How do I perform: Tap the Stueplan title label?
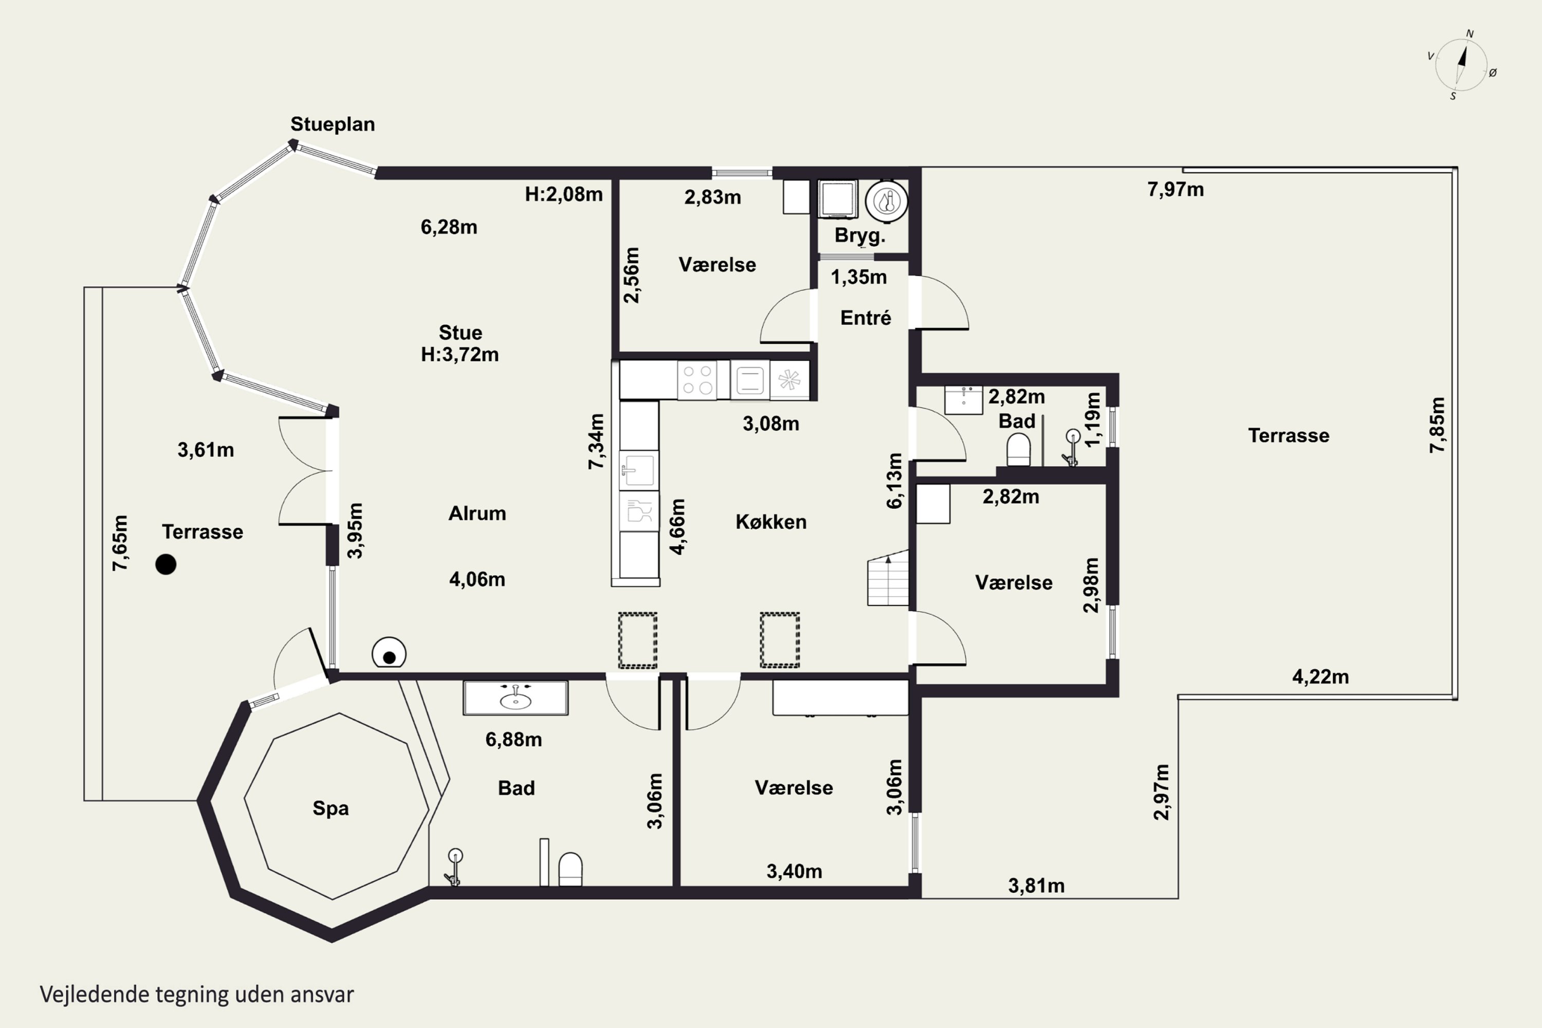pyautogui.click(x=333, y=124)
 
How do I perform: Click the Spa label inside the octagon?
pyautogui.click(x=331, y=809)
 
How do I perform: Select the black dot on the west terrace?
pyautogui.click(x=166, y=564)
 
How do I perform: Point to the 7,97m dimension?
pyautogui.click(x=1176, y=190)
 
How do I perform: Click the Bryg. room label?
pyautogui.click(x=859, y=235)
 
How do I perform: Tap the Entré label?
pyautogui.click(x=866, y=318)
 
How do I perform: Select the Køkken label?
pyautogui.click(x=771, y=522)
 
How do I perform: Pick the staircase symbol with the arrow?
pyautogui.click(x=888, y=578)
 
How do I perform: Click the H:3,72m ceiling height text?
pyautogui.click(x=460, y=355)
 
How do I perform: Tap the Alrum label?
pyautogui.click(x=478, y=513)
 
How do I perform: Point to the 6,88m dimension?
pyautogui.click(x=513, y=740)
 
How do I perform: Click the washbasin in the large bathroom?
pyautogui.click(x=516, y=698)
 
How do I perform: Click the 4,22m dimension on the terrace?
pyautogui.click(x=1320, y=676)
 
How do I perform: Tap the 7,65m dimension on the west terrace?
pyautogui.click(x=120, y=543)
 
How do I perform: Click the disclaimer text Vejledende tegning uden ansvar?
pyautogui.click(x=197, y=995)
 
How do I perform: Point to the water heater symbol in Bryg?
pyautogui.click(x=886, y=200)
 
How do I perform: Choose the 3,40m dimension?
pyautogui.click(x=794, y=871)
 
